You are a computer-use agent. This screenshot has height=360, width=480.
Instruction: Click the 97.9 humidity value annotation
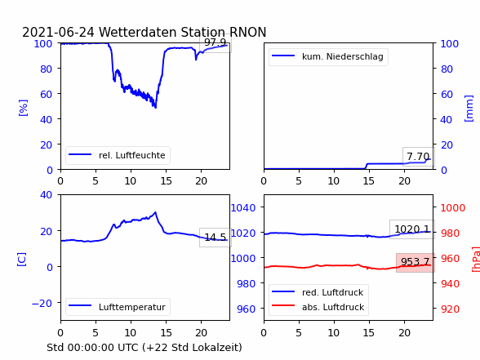pos(216,42)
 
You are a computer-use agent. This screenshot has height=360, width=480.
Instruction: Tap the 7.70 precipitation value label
pos(418,157)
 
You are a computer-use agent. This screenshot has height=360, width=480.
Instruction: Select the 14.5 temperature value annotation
pos(216,238)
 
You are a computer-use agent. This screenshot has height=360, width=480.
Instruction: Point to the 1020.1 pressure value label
pos(412,229)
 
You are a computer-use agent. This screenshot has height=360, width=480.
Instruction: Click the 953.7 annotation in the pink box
pos(416,262)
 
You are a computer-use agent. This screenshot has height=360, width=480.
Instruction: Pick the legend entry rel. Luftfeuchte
pos(118,155)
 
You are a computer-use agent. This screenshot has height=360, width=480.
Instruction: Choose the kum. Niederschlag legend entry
pos(328,56)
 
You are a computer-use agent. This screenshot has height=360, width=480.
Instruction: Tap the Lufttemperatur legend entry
pos(118,307)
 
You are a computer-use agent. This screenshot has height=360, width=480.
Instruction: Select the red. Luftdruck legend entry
pos(318,292)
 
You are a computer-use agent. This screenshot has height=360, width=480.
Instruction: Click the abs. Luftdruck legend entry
pos(318,307)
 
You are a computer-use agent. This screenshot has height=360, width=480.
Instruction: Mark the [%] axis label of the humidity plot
pos(23,108)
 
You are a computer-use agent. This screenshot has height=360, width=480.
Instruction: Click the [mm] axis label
pos(469,109)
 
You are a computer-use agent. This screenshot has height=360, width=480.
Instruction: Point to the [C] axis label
pos(22,260)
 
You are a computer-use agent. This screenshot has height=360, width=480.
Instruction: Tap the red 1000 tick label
pos(453,208)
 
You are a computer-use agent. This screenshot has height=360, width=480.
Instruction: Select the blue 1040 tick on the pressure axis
pos(243,208)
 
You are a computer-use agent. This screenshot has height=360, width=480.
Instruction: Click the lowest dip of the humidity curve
pos(155,108)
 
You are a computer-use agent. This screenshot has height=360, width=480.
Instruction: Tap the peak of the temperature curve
pos(155,212)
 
